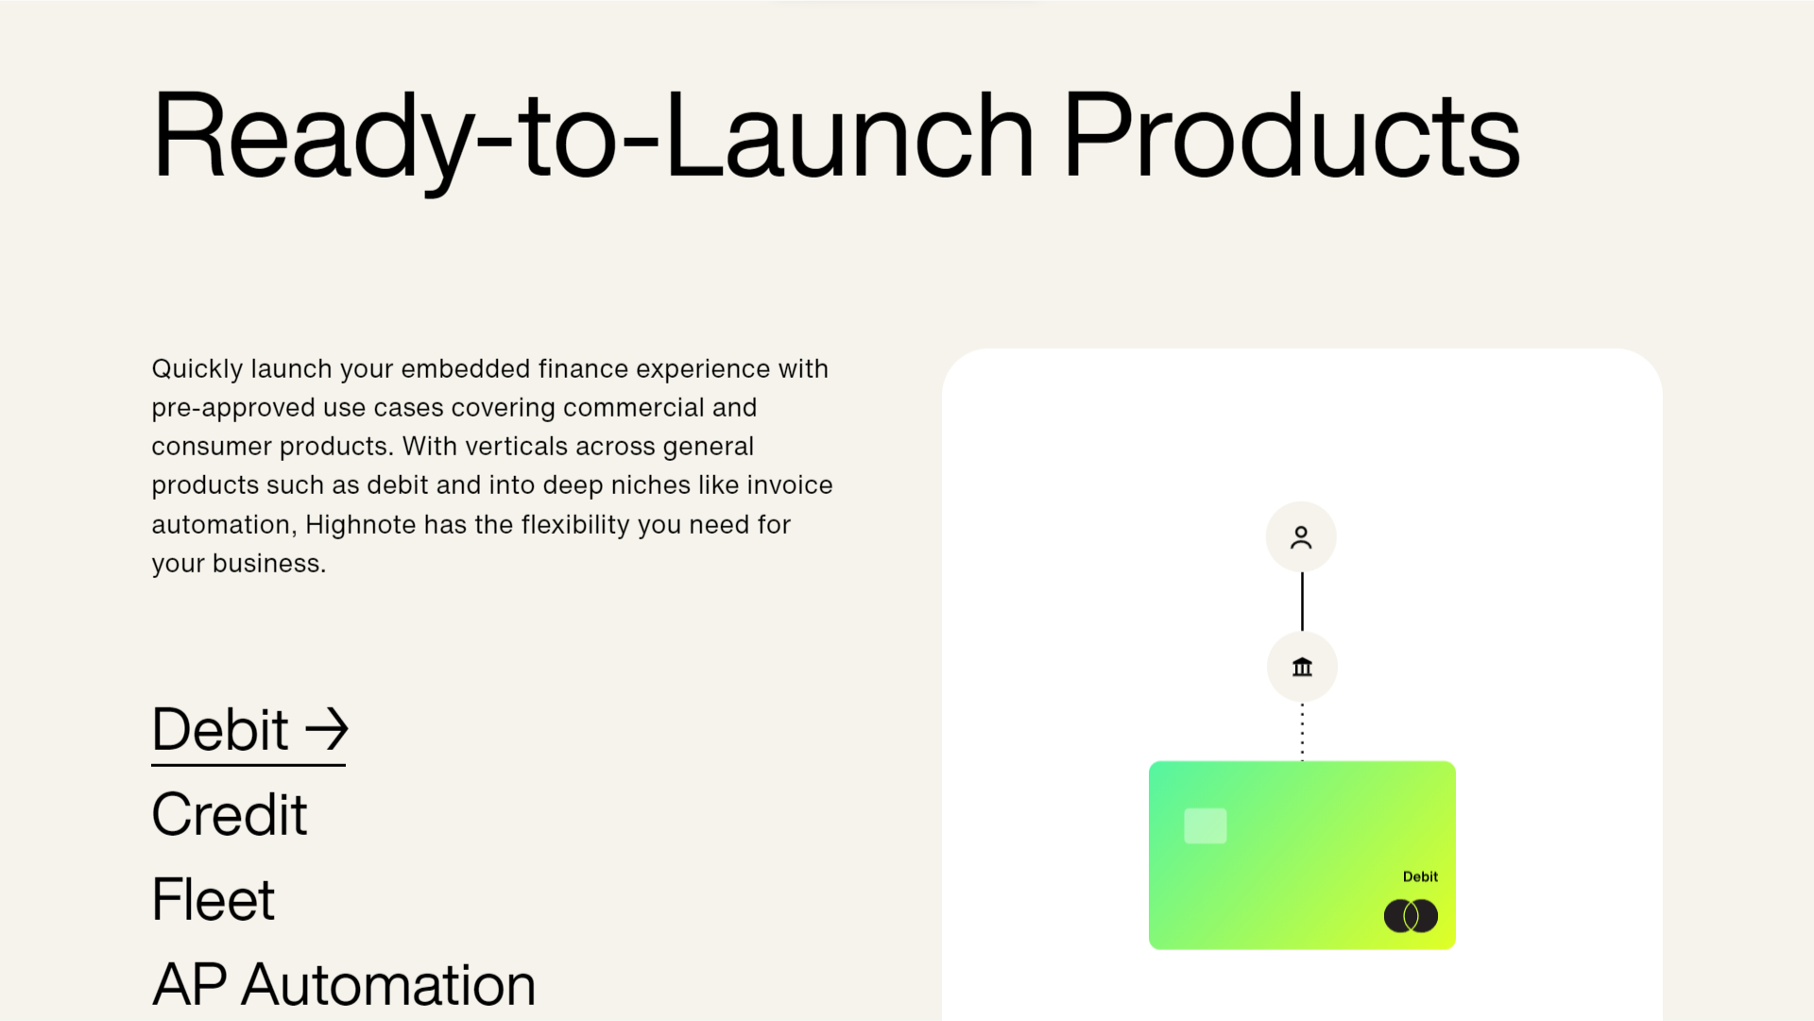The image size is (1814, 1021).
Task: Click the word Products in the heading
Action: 1292,134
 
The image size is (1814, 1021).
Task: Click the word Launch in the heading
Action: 849,134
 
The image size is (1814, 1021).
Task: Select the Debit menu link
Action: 249,730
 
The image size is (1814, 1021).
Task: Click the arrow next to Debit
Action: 327,730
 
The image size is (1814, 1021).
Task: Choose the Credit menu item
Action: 230,814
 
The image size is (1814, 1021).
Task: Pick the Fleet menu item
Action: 214,899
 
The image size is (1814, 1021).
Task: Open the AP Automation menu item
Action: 344,984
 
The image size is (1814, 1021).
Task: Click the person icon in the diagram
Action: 1301,537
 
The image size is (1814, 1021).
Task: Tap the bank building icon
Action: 1302,667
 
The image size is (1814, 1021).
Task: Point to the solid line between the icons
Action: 1302,602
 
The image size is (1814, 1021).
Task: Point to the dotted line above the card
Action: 1302,732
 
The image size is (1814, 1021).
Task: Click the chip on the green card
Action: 1206,825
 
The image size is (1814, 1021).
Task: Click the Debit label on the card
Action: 1420,876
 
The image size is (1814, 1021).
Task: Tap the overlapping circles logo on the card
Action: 1411,915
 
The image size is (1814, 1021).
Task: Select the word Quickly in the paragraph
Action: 197,369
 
